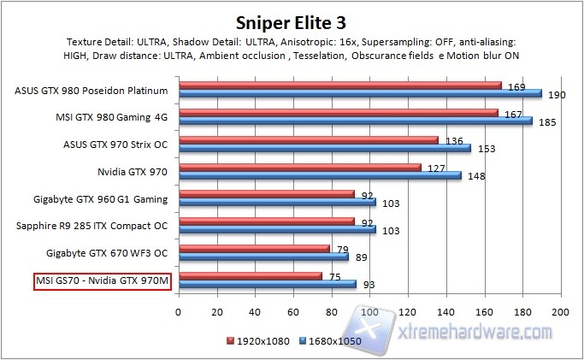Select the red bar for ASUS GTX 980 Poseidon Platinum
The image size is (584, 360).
(x=339, y=85)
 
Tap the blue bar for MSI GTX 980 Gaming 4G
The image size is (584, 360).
(x=355, y=121)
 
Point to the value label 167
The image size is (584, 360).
(x=510, y=114)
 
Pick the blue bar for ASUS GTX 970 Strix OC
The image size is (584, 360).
(x=324, y=148)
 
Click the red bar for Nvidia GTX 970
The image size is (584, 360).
(x=299, y=167)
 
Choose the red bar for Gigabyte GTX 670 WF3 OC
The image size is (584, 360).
(x=253, y=248)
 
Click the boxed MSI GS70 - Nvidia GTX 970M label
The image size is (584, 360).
(x=101, y=281)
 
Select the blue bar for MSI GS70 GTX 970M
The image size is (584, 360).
(x=267, y=284)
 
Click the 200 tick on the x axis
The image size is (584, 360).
(x=560, y=313)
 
